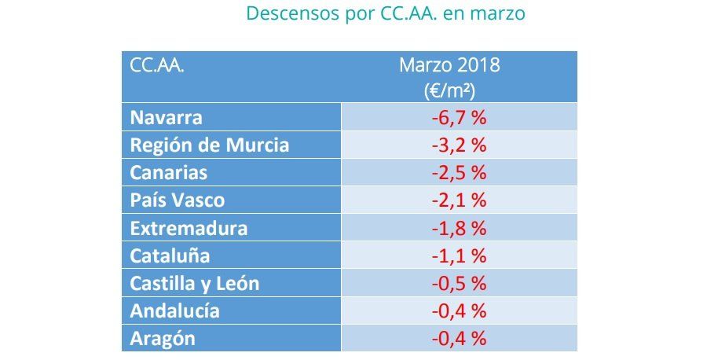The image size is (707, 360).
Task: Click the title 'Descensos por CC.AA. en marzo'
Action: [x=385, y=13]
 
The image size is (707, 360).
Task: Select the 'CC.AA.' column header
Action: [x=157, y=65]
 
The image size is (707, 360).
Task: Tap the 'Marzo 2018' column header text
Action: [x=449, y=65]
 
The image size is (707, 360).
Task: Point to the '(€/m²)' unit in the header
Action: [x=449, y=90]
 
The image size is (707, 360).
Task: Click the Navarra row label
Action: [x=167, y=118]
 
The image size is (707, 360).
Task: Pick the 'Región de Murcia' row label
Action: [x=210, y=145]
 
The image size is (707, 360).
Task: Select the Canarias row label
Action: [x=169, y=173]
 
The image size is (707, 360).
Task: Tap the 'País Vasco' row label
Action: [x=178, y=200]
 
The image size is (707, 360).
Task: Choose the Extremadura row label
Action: [x=189, y=228]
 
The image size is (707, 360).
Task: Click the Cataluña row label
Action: [x=170, y=255]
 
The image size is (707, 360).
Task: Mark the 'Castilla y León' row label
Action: [x=195, y=283]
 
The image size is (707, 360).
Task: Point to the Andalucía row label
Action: [x=175, y=310]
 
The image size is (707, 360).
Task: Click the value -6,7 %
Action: [x=459, y=118]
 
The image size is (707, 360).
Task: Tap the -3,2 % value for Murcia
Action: [x=459, y=145]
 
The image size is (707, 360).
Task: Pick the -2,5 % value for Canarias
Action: [x=459, y=173]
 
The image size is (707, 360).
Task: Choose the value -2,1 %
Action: [x=459, y=200]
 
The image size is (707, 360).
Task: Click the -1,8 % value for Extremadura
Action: [x=459, y=228]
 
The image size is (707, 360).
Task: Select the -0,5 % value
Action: [x=459, y=283]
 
